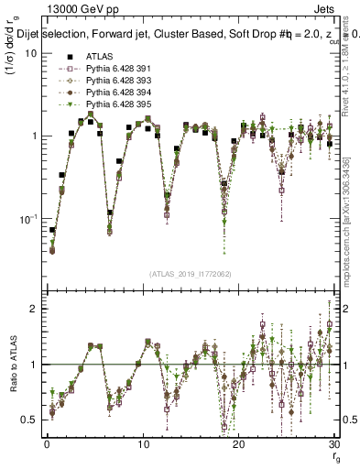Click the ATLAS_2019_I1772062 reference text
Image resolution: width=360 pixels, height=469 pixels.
tap(189, 274)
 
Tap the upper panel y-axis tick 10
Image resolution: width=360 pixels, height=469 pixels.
tap(30, 53)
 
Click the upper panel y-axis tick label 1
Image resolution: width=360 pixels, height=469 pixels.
tap(34, 136)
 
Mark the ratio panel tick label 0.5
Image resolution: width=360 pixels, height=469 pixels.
tap(29, 420)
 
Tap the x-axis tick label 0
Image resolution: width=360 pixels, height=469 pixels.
tap(46, 443)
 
